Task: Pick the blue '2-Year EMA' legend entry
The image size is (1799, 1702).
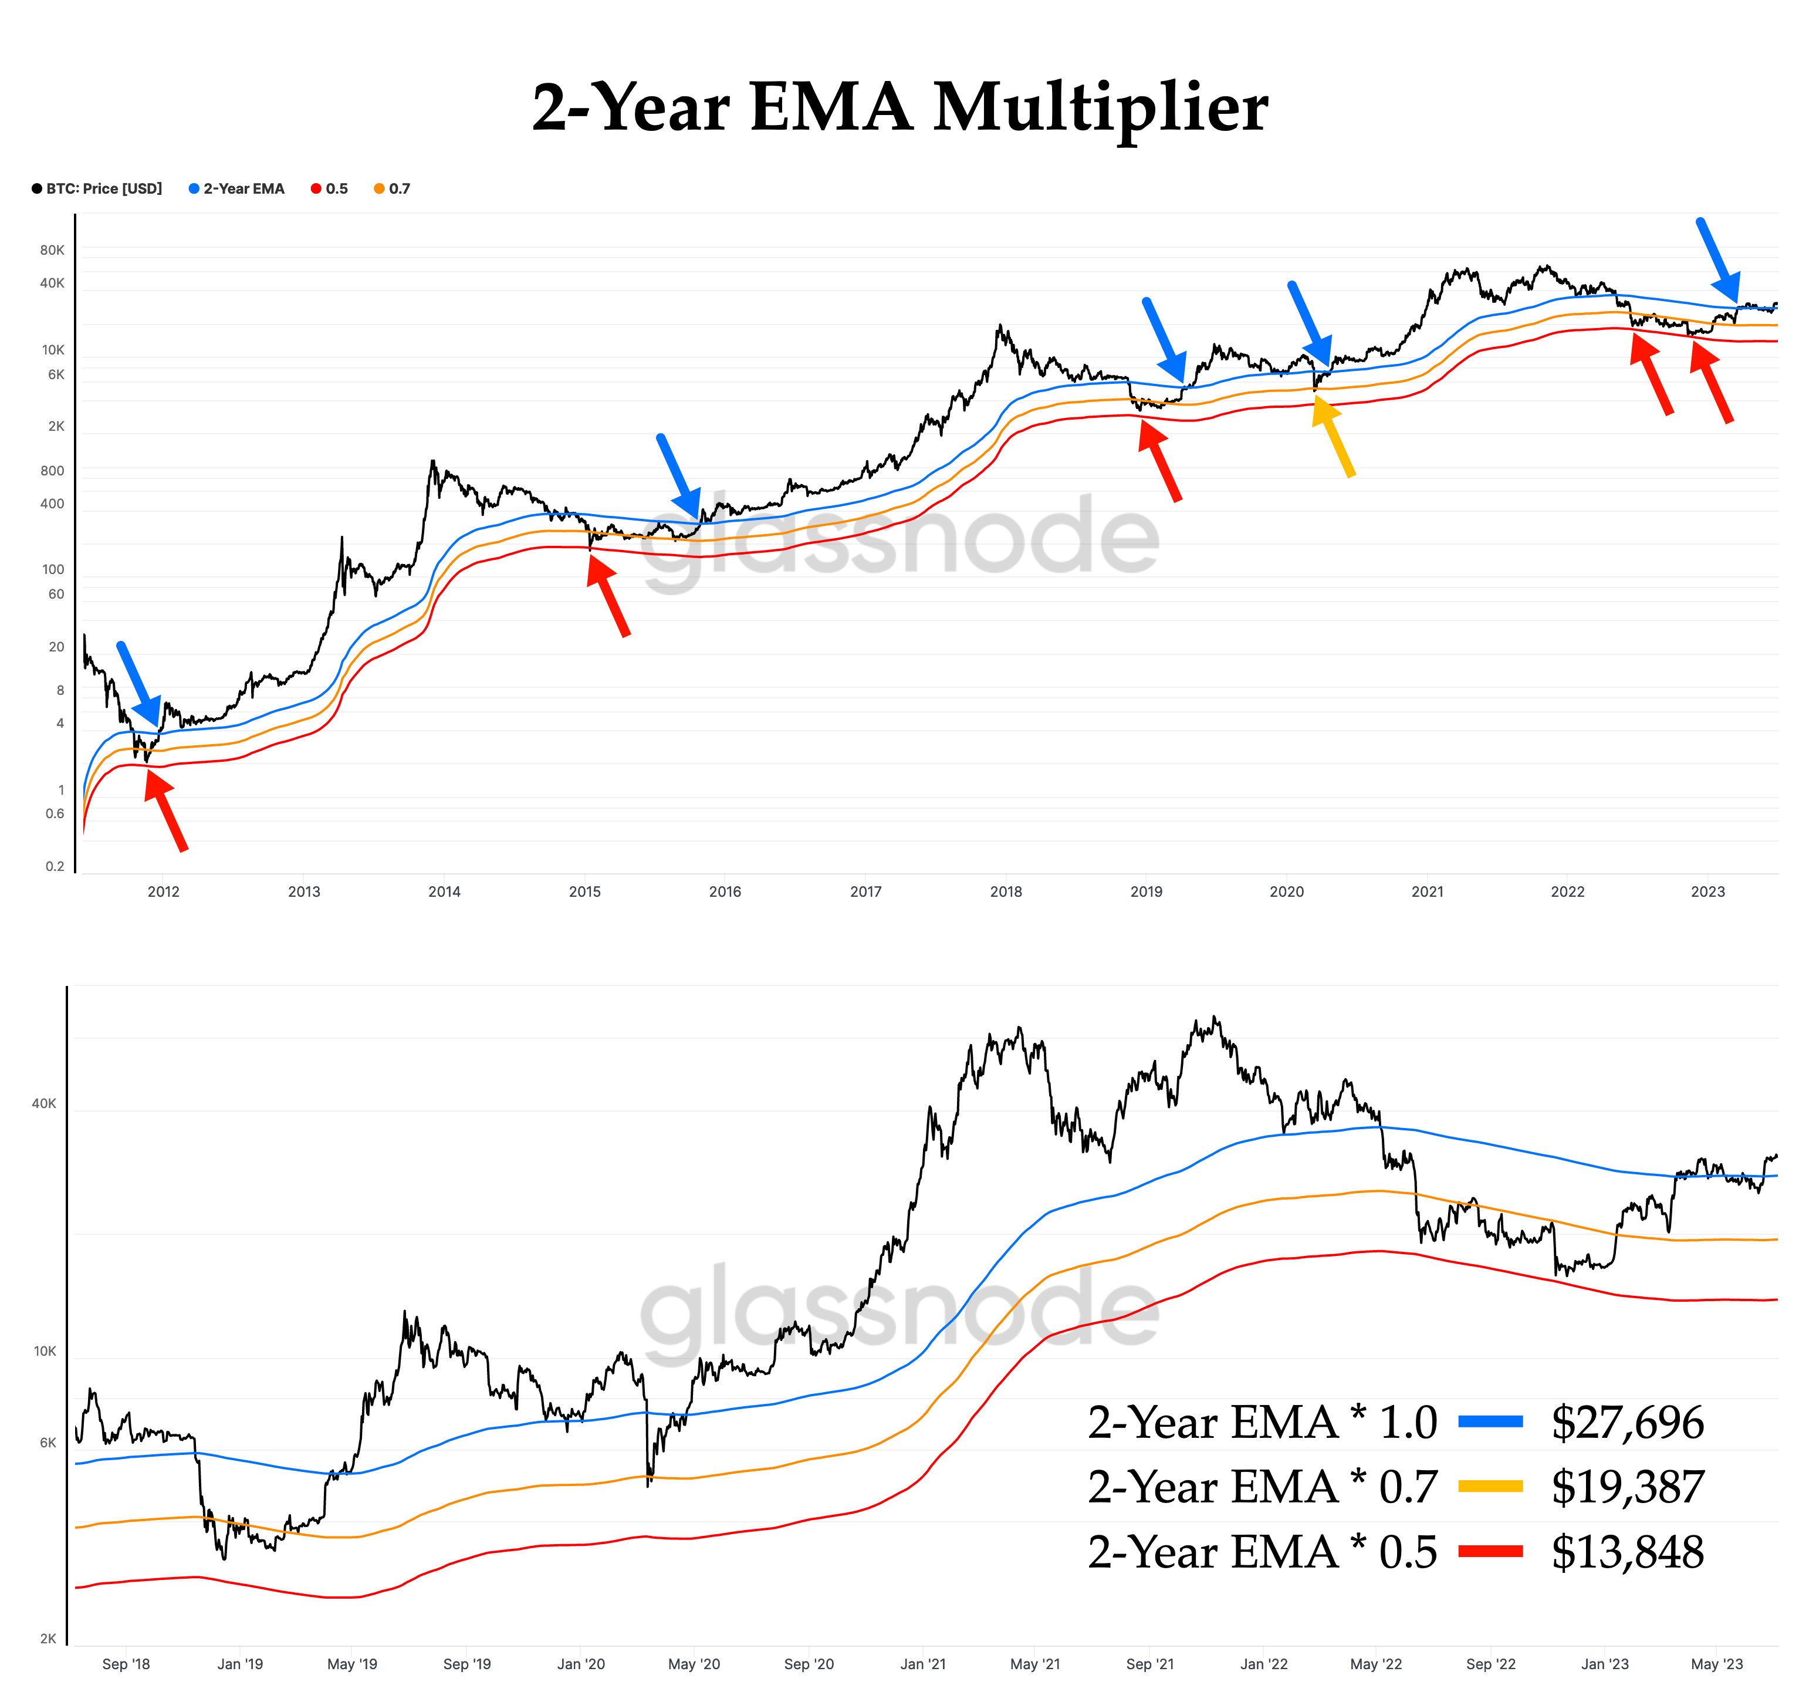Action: pos(237,189)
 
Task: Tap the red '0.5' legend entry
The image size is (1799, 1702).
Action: pos(330,189)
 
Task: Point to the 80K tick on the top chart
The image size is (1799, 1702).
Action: pos(53,251)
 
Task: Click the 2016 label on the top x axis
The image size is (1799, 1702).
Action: pos(725,892)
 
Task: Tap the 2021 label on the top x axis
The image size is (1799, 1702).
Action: pos(1427,892)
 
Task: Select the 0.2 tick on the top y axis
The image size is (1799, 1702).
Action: pos(55,866)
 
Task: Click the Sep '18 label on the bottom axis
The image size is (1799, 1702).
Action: pos(126,1664)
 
